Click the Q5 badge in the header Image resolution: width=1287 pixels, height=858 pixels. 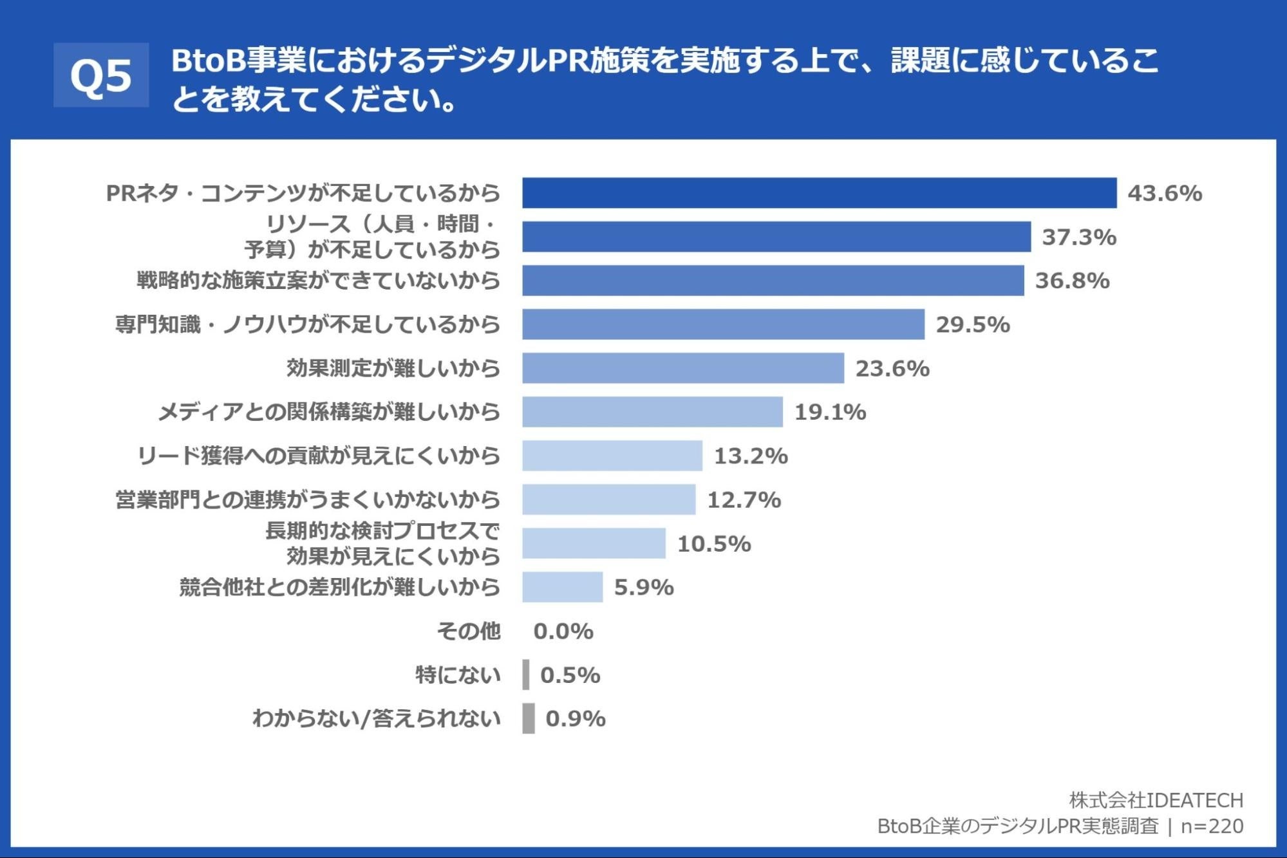pyautogui.click(x=101, y=75)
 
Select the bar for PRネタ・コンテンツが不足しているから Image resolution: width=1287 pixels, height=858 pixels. pyautogui.click(x=819, y=193)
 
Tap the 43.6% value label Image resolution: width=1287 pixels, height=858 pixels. pyautogui.click(x=1165, y=193)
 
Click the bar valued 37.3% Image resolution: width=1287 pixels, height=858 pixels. pyautogui.click(x=776, y=237)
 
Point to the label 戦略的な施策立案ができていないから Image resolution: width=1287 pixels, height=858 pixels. pyautogui.click(x=319, y=281)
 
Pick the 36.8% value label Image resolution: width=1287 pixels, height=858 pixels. pyautogui.click(x=1072, y=281)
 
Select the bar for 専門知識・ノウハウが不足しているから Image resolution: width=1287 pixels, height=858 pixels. pyautogui.click(x=723, y=324)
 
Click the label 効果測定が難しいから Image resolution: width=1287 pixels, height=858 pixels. pyautogui.click(x=393, y=368)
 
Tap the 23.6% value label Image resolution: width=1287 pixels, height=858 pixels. pyautogui.click(x=892, y=368)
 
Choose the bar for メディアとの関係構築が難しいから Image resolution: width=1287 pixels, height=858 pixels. pyautogui.click(x=652, y=412)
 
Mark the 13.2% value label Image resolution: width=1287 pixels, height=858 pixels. pyautogui.click(x=751, y=456)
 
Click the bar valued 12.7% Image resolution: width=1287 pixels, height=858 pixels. pyautogui.click(x=609, y=499)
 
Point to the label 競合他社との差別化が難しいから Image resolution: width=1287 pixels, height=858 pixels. pyautogui.click(x=340, y=587)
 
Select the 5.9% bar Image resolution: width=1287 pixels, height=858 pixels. pyautogui.click(x=562, y=587)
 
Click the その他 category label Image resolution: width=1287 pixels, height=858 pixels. pyautogui.click(x=469, y=631)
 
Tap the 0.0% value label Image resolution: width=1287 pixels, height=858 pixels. pyautogui.click(x=563, y=631)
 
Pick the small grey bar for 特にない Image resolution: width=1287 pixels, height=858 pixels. pyautogui.click(x=526, y=675)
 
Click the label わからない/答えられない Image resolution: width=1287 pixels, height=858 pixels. pyautogui.click(x=377, y=718)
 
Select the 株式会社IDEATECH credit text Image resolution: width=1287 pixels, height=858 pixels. pyautogui.click(x=1156, y=800)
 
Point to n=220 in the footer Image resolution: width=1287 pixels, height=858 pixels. pyautogui.click(x=1212, y=826)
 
